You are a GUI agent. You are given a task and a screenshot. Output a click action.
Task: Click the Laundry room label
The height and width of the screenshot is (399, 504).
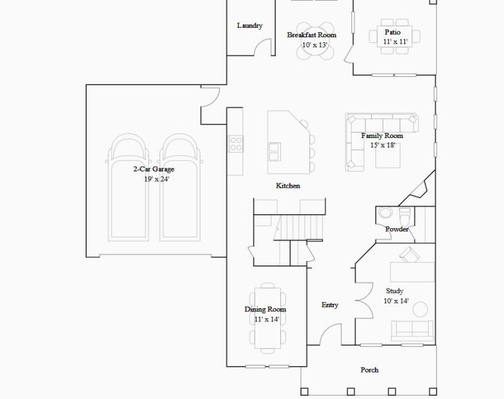[x=249, y=26]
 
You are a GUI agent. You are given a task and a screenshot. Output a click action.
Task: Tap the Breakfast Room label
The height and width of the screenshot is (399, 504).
[x=311, y=35]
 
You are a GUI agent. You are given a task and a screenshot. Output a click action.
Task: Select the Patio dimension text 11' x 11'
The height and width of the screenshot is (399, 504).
[x=396, y=42]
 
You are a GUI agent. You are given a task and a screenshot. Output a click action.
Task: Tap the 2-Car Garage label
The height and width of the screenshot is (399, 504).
[x=154, y=170]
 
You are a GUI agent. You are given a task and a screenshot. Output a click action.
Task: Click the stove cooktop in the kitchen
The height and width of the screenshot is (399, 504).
[x=236, y=144]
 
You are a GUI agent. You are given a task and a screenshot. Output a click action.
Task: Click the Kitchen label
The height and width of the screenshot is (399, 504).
[x=288, y=186]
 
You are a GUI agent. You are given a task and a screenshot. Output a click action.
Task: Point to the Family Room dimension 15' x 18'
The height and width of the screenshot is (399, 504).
[x=382, y=146]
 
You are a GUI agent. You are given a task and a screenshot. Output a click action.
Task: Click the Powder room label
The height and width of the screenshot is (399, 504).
[x=397, y=229]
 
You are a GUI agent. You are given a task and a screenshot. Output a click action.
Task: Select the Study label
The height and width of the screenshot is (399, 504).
[x=394, y=291]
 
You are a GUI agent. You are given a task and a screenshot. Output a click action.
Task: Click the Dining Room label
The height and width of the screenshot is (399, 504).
[x=265, y=309]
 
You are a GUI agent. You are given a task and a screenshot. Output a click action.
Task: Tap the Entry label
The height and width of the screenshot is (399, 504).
[x=329, y=305]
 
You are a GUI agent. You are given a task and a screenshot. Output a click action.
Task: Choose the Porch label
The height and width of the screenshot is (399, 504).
[x=369, y=370]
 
